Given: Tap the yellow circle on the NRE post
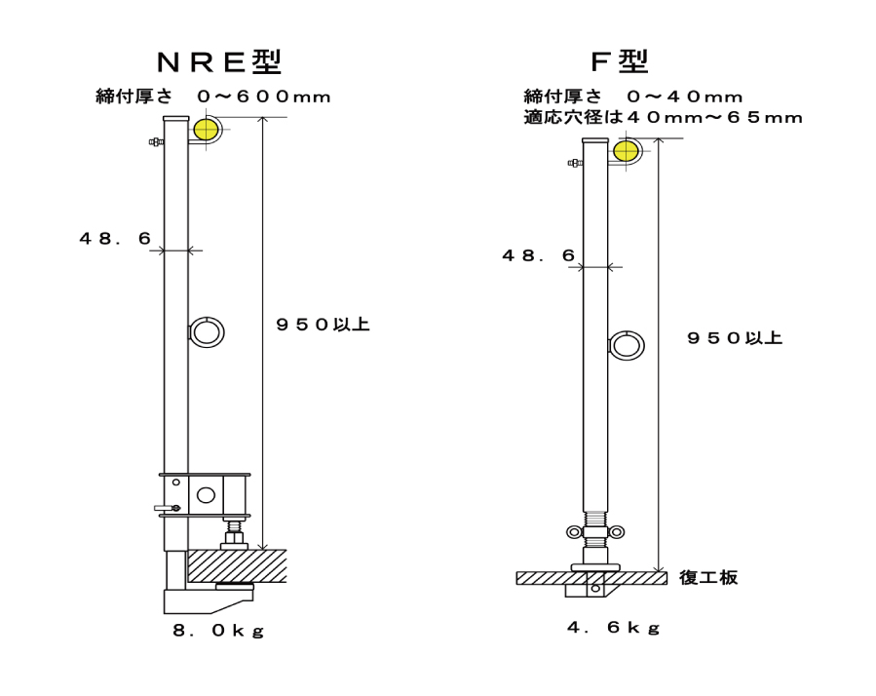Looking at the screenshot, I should point(206,129).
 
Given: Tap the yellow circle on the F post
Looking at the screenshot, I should point(625,152).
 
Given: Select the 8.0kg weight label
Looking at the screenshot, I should point(218,631).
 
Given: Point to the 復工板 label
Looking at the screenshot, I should point(708,577).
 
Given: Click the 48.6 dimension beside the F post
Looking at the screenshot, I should point(538,254).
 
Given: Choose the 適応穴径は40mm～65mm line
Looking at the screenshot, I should point(663,118).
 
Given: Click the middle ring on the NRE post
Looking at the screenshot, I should point(207,332).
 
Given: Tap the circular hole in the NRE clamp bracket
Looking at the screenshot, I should point(206,495).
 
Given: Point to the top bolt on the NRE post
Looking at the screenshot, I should point(156,142).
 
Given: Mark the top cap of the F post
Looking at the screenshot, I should point(595,142).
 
